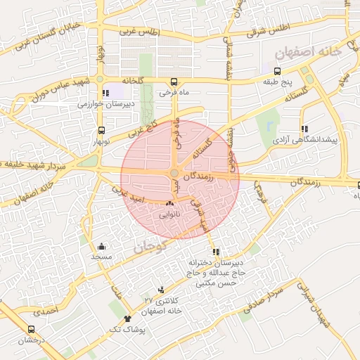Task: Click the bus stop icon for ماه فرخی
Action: [174, 81]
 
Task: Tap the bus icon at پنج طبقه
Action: [277, 71]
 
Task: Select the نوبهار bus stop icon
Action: [102, 130]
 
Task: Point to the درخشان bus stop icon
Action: [31, 329]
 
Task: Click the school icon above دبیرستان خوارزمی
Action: [105, 93]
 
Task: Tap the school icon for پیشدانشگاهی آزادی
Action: [304, 129]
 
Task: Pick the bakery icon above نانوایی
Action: [169, 203]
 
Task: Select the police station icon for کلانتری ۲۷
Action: [162, 290]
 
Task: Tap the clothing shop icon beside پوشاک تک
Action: [127, 319]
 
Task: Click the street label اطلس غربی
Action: [139, 32]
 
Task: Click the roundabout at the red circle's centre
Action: [174, 174]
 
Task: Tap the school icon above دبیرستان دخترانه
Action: [215, 252]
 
